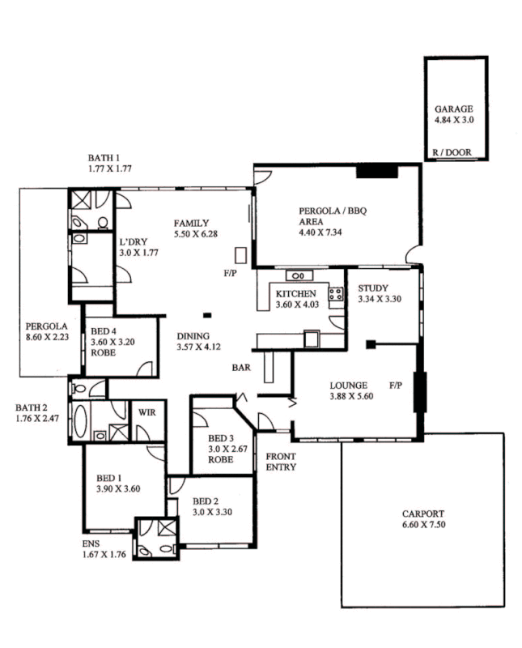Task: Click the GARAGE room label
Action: tap(453, 109)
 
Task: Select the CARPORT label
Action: tap(423, 514)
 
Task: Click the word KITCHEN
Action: tap(295, 294)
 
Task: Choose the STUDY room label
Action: tap(373, 288)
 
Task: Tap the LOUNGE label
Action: tap(349, 386)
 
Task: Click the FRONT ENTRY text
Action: tap(281, 462)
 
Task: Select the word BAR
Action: tap(240, 367)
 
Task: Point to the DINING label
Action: tap(193, 336)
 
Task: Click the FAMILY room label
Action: tap(192, 224)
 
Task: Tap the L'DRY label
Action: tap(132, 241)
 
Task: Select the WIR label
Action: tap(148, 412)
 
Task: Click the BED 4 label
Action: tap(104, 331)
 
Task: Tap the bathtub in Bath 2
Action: tap(79, 421)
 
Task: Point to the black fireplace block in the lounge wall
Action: tap(419, 392)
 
